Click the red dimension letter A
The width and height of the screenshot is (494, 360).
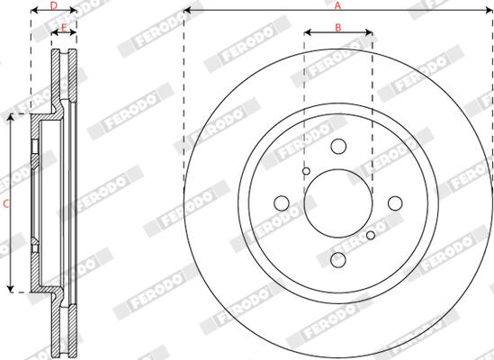point(337,5)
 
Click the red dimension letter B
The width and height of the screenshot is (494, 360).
point(338,27)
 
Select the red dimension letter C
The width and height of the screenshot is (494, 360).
point(6,204)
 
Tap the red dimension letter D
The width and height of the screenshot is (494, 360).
point(54,5)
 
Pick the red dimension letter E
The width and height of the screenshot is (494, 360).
point(64,28)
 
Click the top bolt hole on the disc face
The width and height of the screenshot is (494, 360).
point(338,147)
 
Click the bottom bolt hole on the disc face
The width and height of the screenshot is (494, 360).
point(338,260)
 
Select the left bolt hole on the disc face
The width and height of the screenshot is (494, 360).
point(282,203)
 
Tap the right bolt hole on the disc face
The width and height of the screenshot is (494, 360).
point(395,203)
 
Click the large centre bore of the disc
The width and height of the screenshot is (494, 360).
point(338,203)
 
